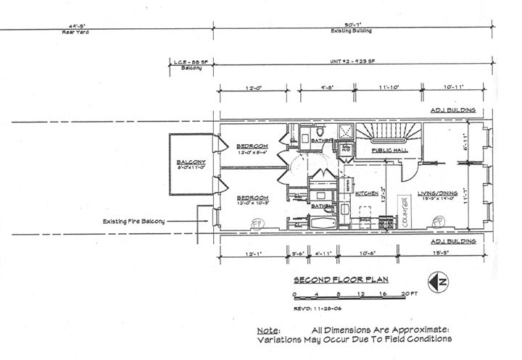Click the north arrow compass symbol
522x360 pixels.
[437, 281]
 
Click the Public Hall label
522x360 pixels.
[390, 150]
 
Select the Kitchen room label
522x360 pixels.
[366, 193]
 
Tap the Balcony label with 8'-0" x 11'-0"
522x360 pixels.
[191, 164]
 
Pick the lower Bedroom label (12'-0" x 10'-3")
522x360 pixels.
[253, 198]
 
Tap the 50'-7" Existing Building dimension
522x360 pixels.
[355, 27]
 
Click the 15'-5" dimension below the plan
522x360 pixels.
[441, 254]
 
